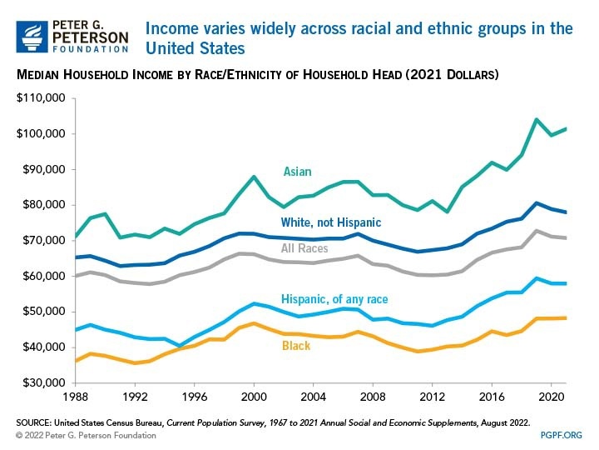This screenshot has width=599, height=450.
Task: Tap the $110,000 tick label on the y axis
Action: coord(41,98)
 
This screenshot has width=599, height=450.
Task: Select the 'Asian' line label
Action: coord(297,172)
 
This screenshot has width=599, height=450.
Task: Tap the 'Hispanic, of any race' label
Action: coord(334,299)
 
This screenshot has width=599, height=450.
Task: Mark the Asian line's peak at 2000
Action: coord(254,177)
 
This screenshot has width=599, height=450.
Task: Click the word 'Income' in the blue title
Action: coord(170,29)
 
